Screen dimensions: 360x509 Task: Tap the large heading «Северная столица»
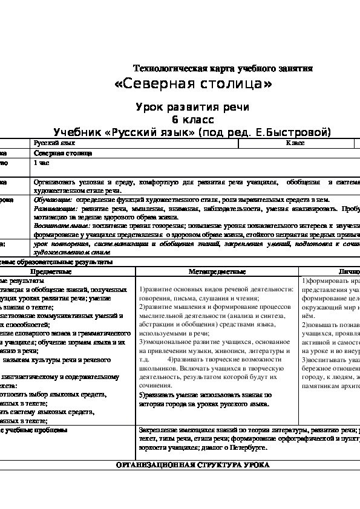pos(192,83)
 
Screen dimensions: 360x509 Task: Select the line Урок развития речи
pos(192,106)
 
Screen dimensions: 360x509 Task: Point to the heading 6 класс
pos(192,118)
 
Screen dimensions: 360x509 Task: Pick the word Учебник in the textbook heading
pos(78,131)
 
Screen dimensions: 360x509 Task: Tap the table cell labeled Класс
pos(295,143)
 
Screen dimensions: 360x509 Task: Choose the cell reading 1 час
pos(42,163)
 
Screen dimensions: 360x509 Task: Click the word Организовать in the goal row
pos(53,181)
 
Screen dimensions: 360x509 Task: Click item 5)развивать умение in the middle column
pos(169,395)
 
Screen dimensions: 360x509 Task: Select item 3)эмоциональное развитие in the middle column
pos(176,341)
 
